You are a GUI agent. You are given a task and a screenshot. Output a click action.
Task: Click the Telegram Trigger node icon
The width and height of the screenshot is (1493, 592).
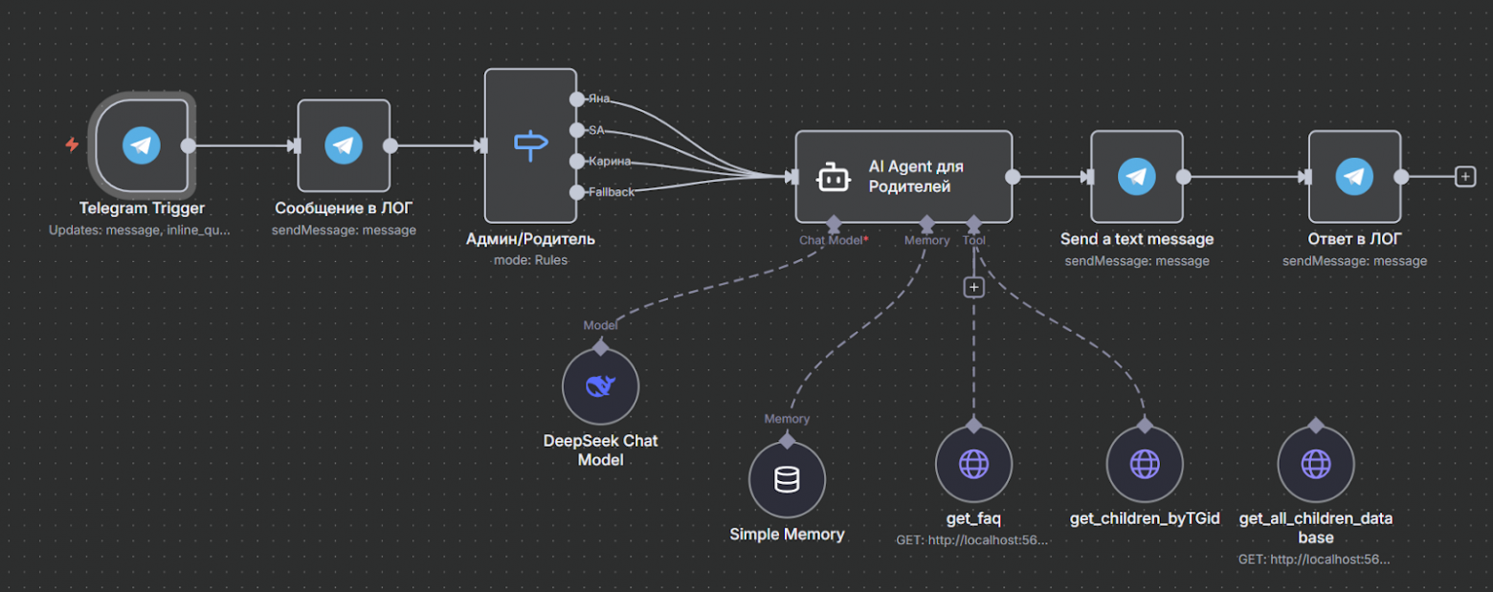142,145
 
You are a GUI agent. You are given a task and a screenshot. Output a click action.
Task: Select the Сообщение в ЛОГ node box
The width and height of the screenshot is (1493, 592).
344,145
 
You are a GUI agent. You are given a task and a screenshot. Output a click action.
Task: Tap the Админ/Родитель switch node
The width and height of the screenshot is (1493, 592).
530,145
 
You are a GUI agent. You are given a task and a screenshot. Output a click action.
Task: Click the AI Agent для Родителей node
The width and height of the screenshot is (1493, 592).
903,176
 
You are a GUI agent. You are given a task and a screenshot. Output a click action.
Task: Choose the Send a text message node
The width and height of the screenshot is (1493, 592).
1136,176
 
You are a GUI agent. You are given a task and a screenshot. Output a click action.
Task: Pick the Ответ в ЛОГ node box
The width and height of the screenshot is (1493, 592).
1354,176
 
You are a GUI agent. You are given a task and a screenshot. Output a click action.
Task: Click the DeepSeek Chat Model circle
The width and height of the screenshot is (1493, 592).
600,386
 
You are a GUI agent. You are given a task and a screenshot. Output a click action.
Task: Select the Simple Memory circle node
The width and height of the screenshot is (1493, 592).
787,479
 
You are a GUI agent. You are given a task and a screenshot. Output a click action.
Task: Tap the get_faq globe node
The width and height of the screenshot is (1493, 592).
973,464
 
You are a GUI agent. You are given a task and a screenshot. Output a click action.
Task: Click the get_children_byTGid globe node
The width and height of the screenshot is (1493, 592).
1145,464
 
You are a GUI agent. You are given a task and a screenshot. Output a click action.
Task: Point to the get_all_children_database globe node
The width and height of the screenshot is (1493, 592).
1315,464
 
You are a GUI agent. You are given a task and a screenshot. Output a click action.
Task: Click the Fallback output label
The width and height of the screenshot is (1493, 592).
612,192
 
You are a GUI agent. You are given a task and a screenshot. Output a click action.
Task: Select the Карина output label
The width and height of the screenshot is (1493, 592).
610,161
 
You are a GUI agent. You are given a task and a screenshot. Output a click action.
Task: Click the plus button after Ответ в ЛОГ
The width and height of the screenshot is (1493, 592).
1464,176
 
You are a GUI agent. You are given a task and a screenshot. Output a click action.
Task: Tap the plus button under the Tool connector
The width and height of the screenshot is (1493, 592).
973,287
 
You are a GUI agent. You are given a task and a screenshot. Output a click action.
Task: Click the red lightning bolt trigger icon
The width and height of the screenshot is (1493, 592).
72,145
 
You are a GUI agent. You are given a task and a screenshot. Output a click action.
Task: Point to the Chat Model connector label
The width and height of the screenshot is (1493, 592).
832,240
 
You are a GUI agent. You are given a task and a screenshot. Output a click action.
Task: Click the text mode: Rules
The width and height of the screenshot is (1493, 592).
530,259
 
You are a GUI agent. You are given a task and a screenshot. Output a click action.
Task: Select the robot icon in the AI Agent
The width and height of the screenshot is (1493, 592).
832,177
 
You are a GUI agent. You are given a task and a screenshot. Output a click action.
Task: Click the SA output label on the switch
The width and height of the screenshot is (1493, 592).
596,130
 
